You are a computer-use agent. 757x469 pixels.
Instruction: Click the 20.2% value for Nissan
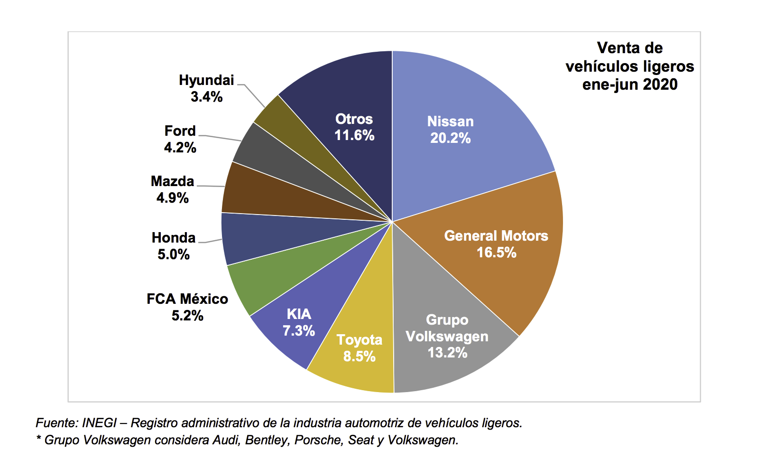click(x=450, y=138)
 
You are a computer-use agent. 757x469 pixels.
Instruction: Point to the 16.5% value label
click(x=496, y=253)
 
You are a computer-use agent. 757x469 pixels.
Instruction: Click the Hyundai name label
click(x=206, y=80)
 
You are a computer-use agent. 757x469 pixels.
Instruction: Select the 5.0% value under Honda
click(x=174, y=254)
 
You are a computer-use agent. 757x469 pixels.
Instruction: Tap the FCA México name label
click(x=187, y=299)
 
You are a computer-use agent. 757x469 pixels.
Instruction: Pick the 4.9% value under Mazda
click(x=173, y=198)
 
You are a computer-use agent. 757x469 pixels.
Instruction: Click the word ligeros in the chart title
click(x=669, y=66)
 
